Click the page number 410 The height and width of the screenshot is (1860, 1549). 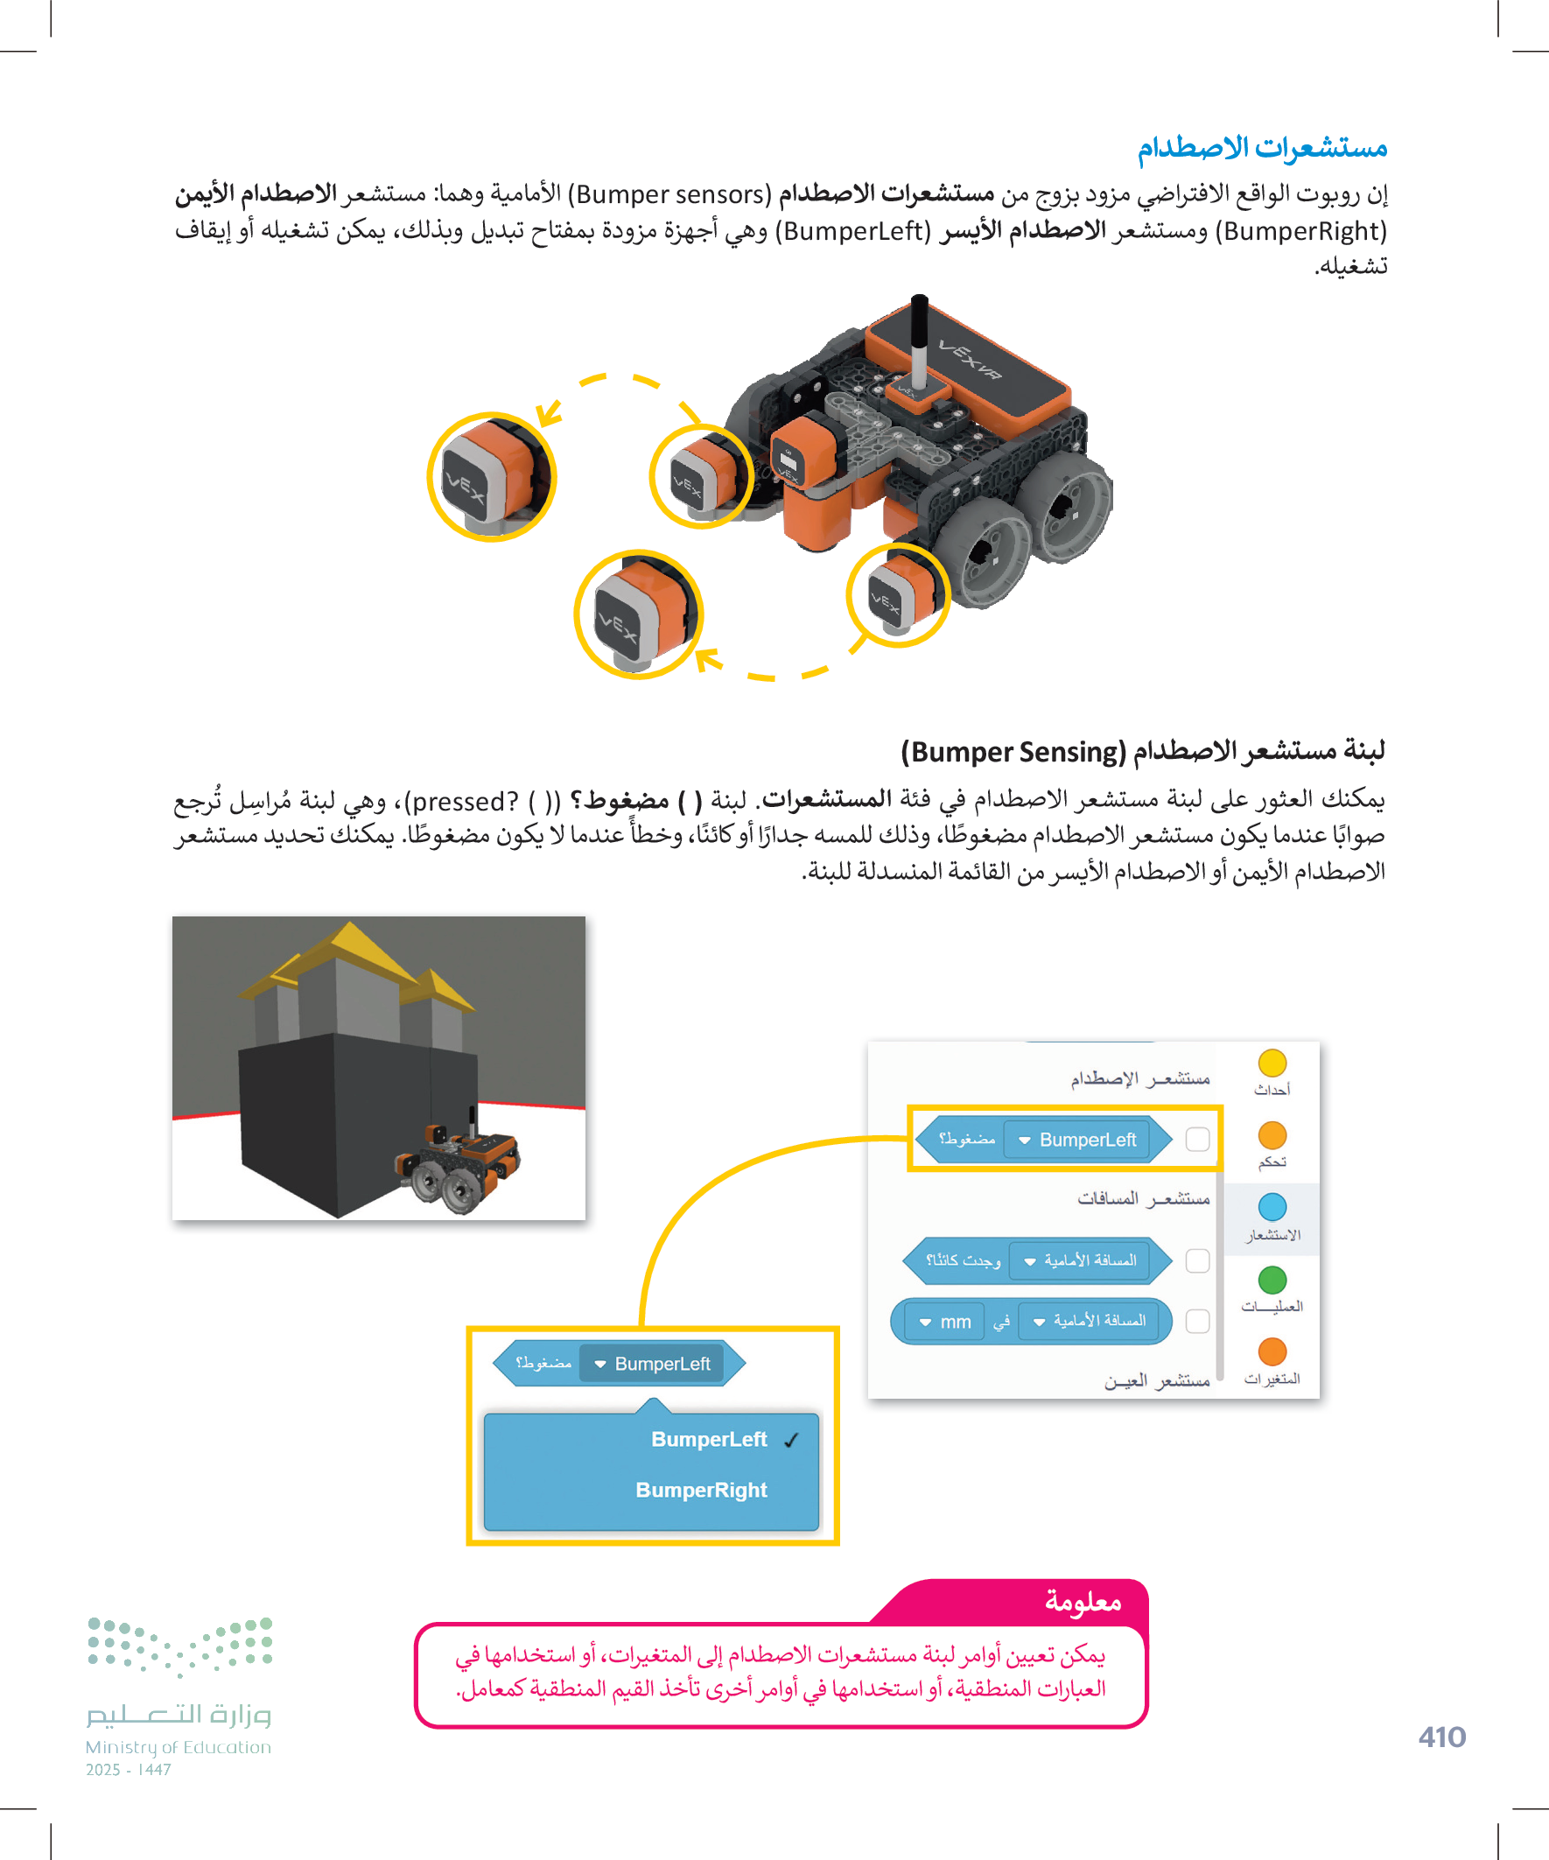1441,1737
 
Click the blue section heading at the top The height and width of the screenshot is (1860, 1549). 1261,147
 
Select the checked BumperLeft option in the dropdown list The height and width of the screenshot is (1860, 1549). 709,1439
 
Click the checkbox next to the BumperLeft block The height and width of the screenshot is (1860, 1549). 1196,1139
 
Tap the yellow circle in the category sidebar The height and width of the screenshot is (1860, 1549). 1272,1063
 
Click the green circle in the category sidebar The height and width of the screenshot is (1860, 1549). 1272,1280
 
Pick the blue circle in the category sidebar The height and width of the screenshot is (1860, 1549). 1272,1207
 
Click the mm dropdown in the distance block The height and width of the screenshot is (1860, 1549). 946,1322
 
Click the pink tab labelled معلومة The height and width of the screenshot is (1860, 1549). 1083,1602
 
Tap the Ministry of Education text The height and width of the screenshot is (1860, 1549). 178,1747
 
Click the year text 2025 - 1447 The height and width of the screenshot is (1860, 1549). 129,1770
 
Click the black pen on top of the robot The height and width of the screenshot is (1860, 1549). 920,341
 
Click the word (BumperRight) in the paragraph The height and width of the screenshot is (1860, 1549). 1300,231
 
